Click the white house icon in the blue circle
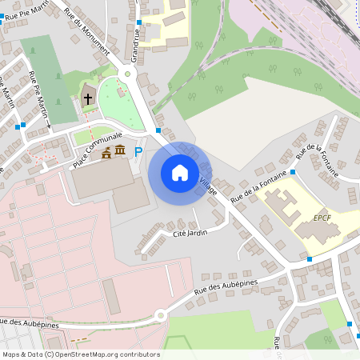pyautogui.click(x=180, y=172)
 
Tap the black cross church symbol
pyautogui.click(x=88, y=99)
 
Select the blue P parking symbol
pyautogui.click(x=138, y=152)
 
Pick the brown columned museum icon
pyautogui.click(x=120, y=151)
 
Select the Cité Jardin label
pyautogui.click(x=190, y=233)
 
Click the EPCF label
pyautogui.click(x=322, y=216)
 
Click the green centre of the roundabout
pyautogui.click(x=125, y=74)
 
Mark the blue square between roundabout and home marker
pyautogui.click(x=158, y=130)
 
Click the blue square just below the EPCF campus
pyautogui.click(x=310, y=258)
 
